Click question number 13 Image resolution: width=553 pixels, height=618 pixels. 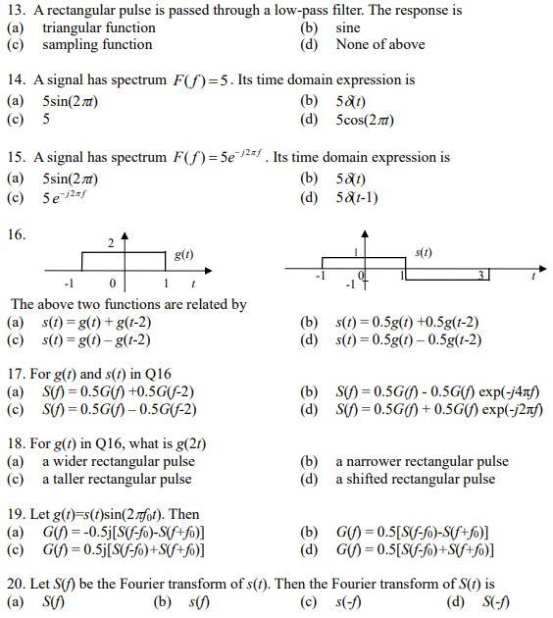(16, 11)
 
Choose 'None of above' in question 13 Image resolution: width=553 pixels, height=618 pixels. (379, 44)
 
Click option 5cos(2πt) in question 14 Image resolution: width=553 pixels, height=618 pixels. (366, 119)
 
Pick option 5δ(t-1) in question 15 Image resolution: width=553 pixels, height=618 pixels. (357, 197)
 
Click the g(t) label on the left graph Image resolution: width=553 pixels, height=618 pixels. (183, 254)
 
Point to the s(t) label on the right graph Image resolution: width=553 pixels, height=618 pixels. (425, 252)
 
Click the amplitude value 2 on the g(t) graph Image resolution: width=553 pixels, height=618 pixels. (111, 241)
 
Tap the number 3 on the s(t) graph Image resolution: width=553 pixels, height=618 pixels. (481, 275)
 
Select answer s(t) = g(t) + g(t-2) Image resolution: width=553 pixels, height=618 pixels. (96, 322)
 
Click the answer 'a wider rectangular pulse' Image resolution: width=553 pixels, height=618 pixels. (118, 461)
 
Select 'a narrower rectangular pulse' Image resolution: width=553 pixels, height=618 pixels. (422, 461)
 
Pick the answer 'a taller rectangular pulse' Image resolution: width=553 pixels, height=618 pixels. (117, 479)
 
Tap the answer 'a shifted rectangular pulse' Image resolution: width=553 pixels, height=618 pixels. (415, 479)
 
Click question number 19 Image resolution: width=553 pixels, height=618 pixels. (16, 514)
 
